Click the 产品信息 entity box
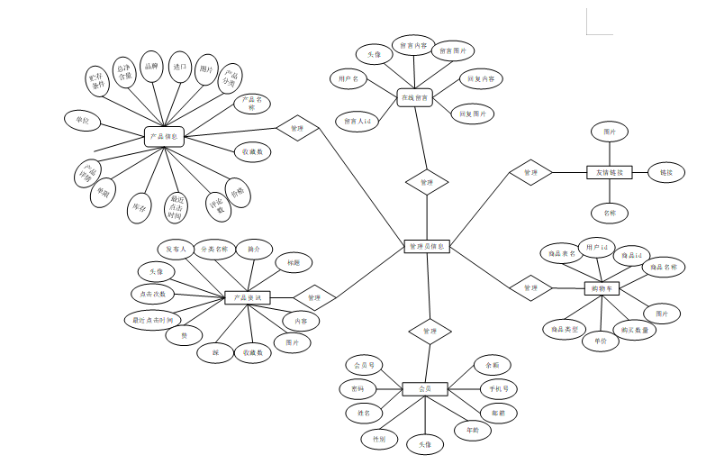click(164, 137)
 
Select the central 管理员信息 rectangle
click(426, 246)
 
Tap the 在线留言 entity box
click(415, 96)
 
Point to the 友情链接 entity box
click(611, 172)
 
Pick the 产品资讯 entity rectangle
click(247, 297)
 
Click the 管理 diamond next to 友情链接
click(530, 172)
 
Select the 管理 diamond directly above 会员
click(430, 332)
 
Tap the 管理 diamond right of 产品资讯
click(313, 296)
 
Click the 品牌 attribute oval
click(152, 66)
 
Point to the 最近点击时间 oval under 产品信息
click(176, 206)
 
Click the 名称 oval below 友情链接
click(610, 214)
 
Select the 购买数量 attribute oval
click(633, 330)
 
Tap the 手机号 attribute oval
click(498, 389)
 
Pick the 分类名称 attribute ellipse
click(214, 249)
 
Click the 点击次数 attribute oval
click(153, 294)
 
